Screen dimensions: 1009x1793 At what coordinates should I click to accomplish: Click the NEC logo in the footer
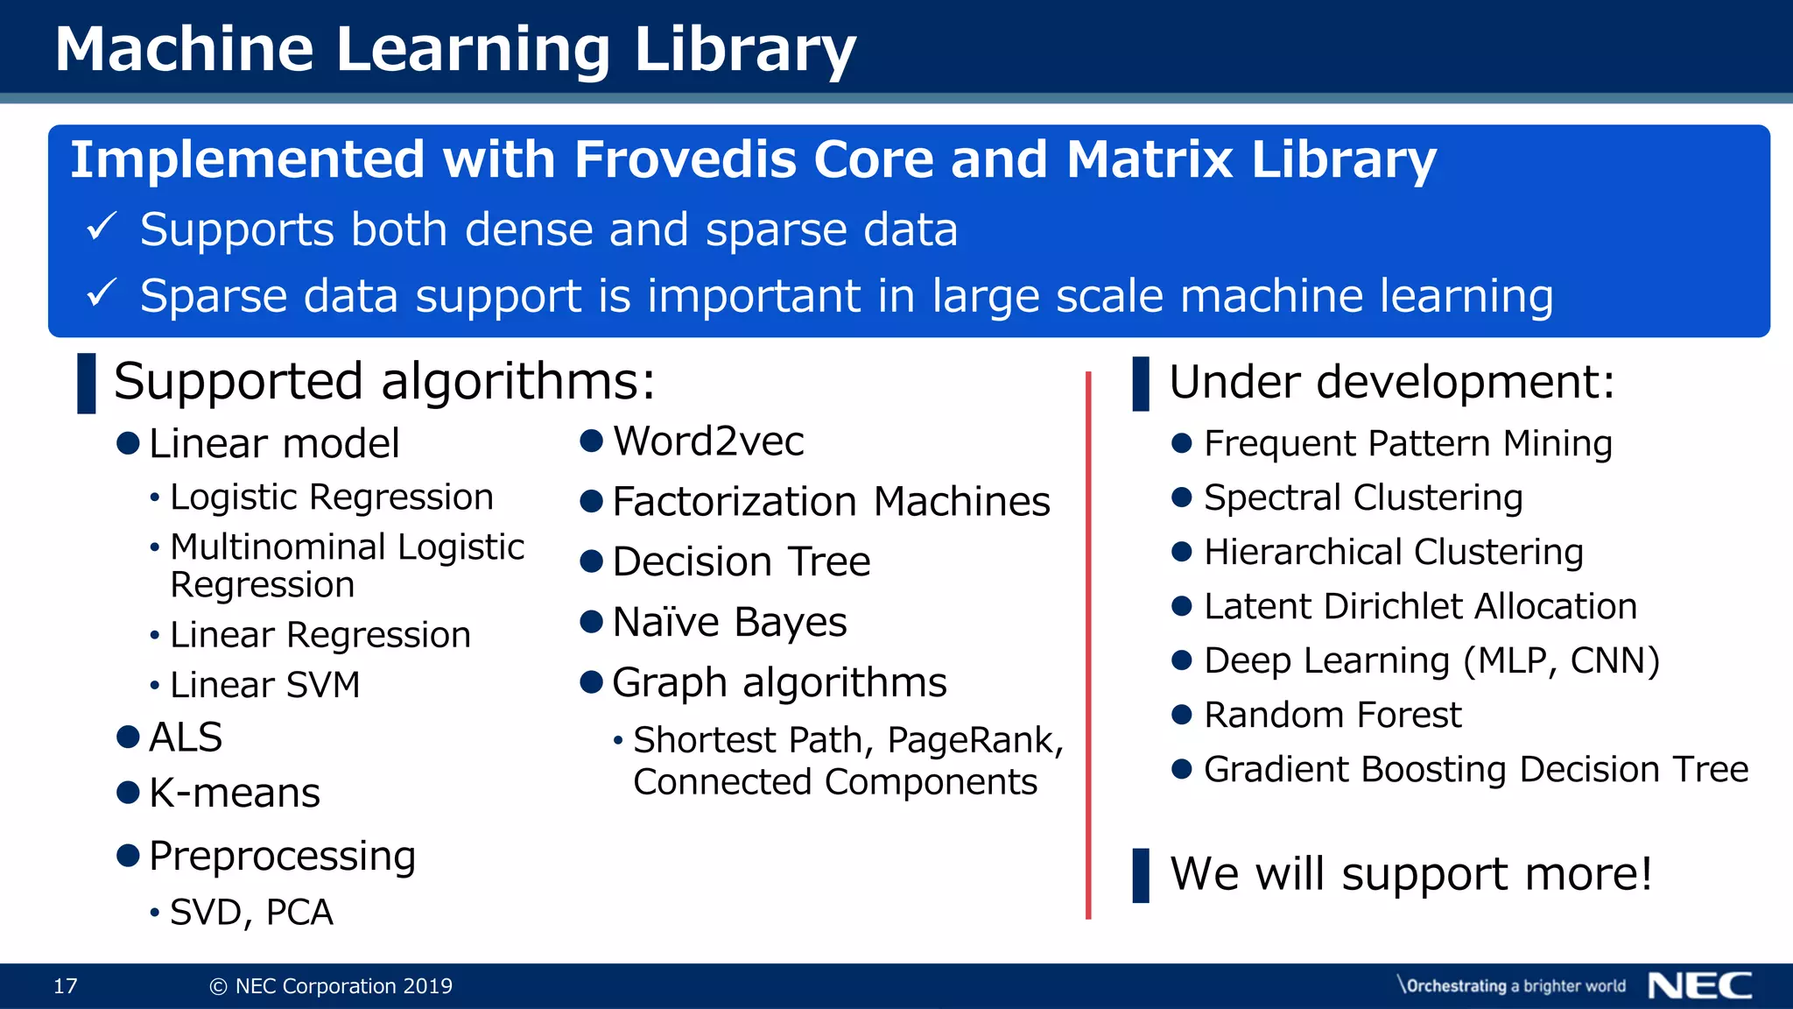(x=1699, y=985)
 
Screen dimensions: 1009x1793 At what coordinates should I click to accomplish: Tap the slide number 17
(x=66, y=986)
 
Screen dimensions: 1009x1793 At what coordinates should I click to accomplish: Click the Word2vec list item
(x=707, y=441)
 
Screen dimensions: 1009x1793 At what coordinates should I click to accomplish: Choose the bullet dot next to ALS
(x=129, y=737)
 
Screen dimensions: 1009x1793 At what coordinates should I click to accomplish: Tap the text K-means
(x=234, y=793)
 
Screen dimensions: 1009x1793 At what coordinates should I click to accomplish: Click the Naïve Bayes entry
(x=728, y=622)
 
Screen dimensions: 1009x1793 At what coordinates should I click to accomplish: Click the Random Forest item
(x=1332, y=715)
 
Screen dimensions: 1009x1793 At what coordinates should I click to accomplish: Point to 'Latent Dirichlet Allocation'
(x=1419, y=606)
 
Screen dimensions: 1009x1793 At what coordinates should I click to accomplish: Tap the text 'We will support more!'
(x=1410, y=873)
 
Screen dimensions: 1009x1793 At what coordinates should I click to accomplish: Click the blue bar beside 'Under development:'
(x=1140, y=384)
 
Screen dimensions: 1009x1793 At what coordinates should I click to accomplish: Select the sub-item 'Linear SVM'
(x=264, y=685)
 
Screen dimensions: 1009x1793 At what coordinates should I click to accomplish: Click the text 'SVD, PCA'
(x=251, y=913)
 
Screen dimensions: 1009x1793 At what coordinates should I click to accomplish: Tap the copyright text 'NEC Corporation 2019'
(x=343, y=986)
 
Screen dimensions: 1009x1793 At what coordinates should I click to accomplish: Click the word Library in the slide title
(x=743, y=49)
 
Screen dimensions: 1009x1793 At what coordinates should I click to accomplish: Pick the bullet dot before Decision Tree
(x=592, y=561)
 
